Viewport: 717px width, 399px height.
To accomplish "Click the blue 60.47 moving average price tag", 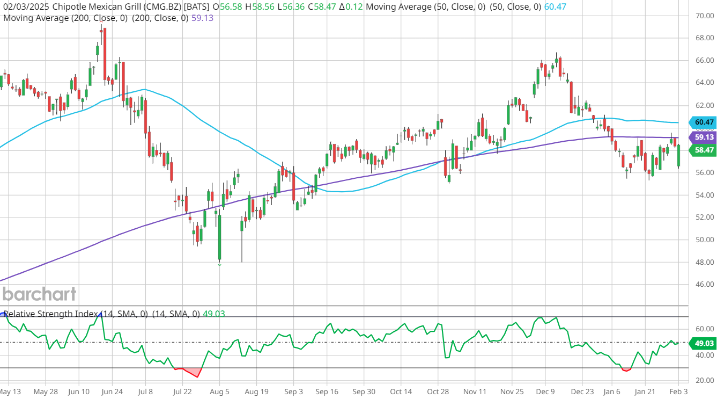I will click(x=703, y=122).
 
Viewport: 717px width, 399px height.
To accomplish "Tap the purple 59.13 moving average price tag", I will click(x=703, y=137).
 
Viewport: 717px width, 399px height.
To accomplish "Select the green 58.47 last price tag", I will click(x=703, y=150).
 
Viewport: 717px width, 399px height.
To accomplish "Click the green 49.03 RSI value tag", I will click(x=703, y=342).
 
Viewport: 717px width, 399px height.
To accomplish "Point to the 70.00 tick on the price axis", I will click(x=704, y=16).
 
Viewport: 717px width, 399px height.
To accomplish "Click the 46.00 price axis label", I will click(x=704, y=285).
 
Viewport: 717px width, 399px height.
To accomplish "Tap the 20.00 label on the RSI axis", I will click(x=704, y=380).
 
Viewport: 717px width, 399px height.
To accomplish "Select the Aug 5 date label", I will click(x=219, y=391).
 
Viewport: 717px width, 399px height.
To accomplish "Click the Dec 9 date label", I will click(x=545, y=391).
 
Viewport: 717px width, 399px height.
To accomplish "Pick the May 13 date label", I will click(x=11, y=391).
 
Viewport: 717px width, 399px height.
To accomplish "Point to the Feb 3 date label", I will click(x=679, y=391).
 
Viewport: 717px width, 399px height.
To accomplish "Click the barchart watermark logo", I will click(x=39, y=294).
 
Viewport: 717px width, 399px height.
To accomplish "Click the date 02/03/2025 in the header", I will click(x=26, y=7).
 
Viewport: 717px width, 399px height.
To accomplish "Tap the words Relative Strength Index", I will click(x=50, y=314).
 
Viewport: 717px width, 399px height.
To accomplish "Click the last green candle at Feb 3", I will click(x=679, y=156).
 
